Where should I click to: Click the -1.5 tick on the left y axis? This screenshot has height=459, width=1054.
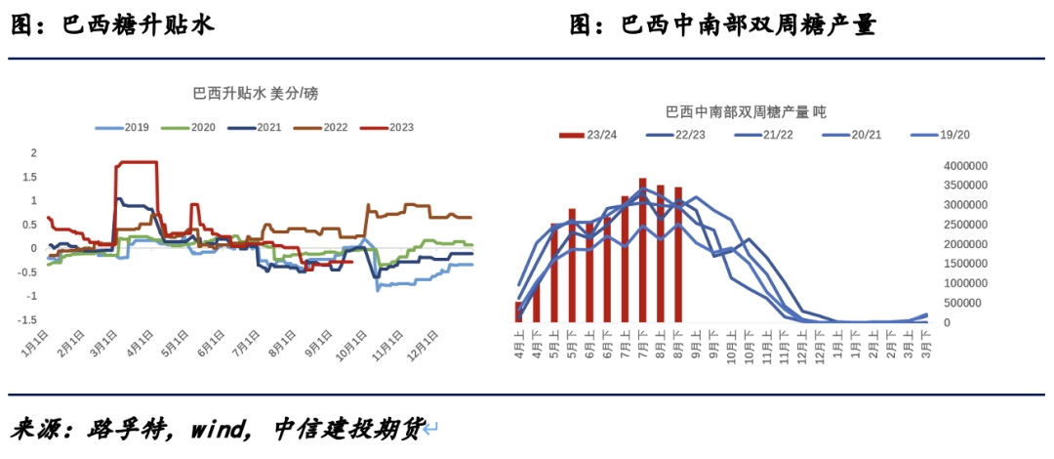[28, 320]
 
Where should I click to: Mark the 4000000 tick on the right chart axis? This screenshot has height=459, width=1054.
[965, 166]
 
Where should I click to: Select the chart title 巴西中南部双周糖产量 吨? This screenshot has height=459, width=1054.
[746, 112]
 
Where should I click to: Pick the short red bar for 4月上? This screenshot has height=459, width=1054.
[519, 312]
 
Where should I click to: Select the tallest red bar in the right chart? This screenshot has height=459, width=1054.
[642, 250]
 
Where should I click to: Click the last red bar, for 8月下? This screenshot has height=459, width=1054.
[678, 254]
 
